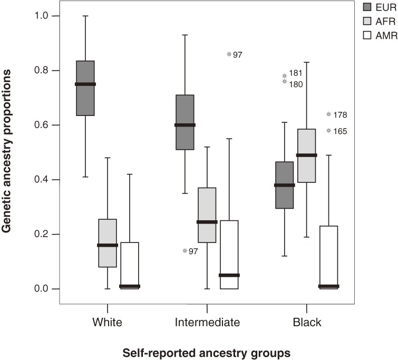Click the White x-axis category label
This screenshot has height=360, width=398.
click(107, 322)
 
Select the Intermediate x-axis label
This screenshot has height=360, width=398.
click(207, 322)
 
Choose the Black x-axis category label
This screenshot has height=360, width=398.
click(306, 322)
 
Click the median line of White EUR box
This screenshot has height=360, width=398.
click(85, 84)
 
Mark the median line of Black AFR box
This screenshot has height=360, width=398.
click(307, 155)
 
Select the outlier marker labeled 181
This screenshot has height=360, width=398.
click(285, 76)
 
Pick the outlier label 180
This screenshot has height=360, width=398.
click(296, 84)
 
